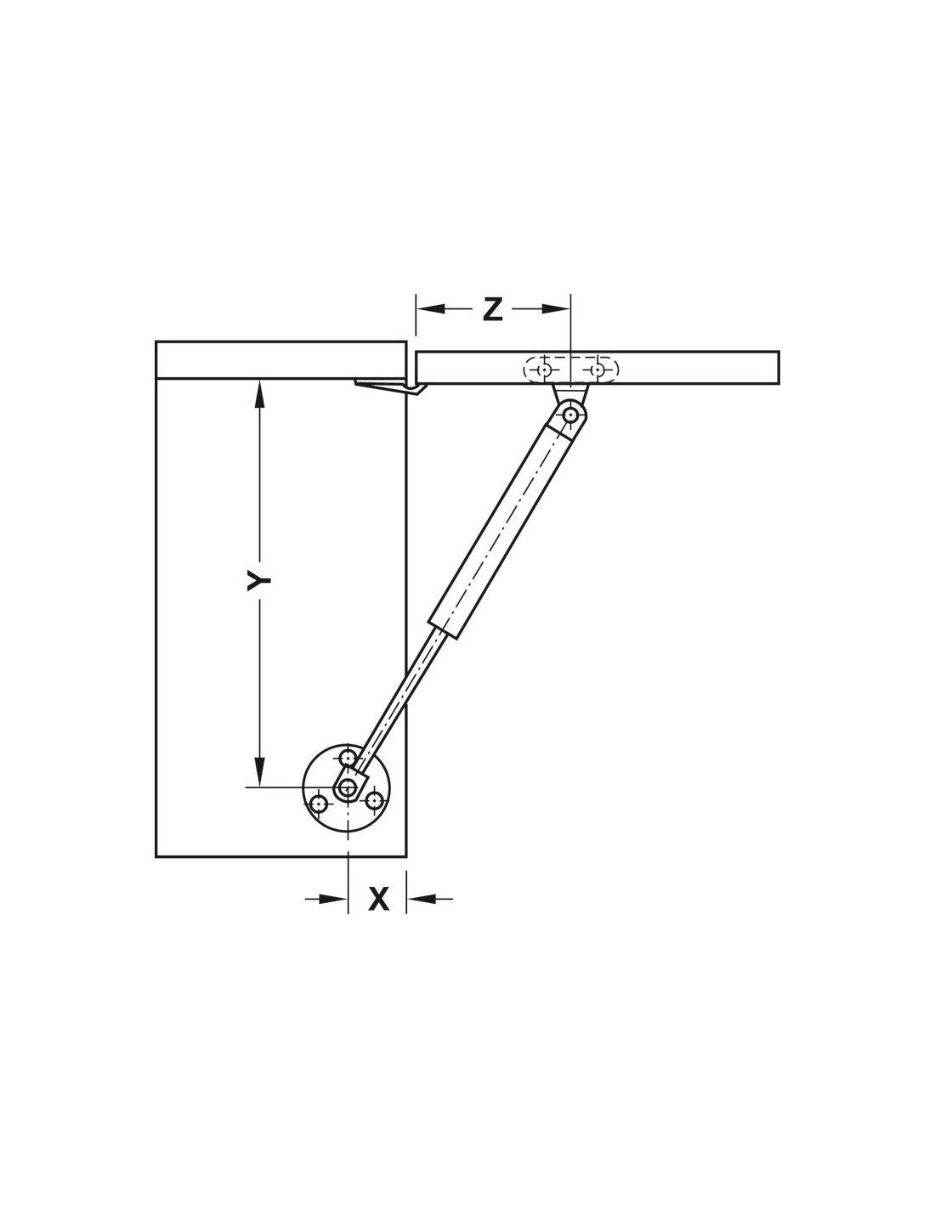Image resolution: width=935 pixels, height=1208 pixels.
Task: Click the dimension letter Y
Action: tap(258, 581)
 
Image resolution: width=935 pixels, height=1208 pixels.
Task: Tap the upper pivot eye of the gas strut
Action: tap(569, 415)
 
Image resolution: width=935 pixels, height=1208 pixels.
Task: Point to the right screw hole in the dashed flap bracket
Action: tap(598, 370)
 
